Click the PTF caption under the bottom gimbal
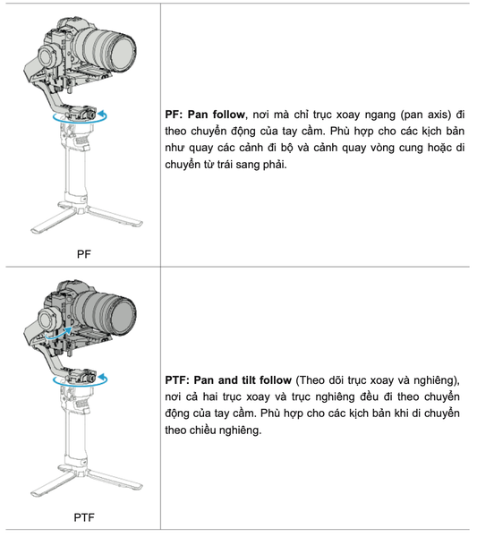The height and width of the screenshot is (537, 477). pyautogui.click(x=83, y=516)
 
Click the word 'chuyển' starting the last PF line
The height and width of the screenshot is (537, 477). pyautogui.click(x=186, y=166)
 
